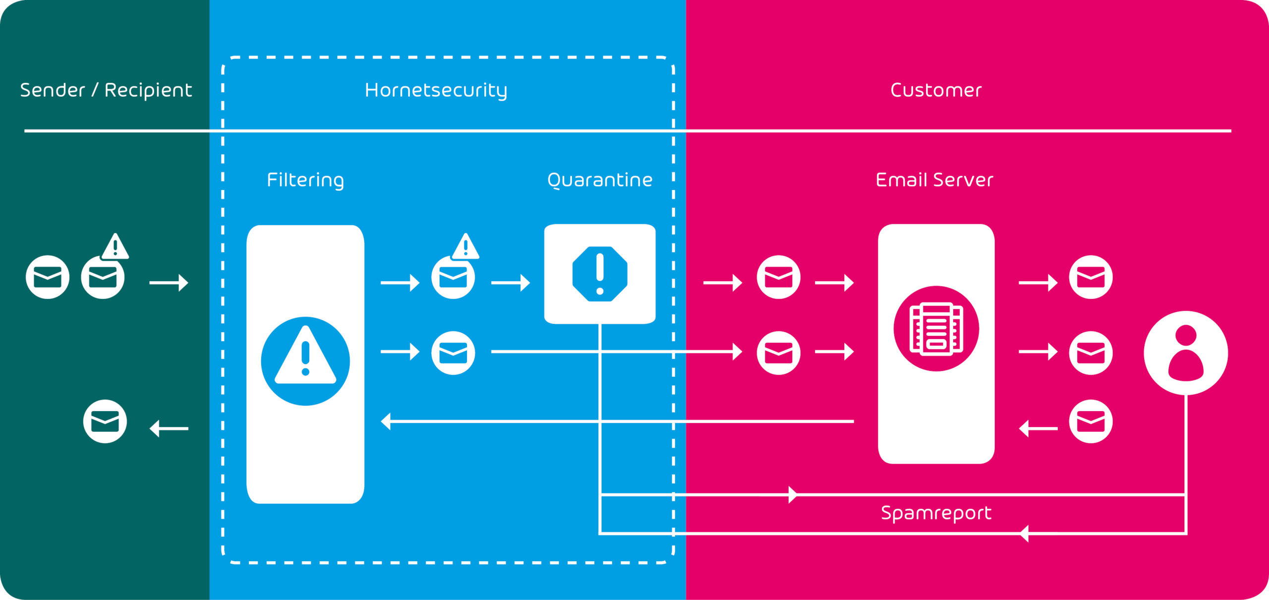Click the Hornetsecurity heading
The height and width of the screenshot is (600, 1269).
point(436,90)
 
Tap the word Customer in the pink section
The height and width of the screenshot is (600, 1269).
point(936,90)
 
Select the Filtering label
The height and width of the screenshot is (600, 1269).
point(305,180)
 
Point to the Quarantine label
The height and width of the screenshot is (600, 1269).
point(600,180)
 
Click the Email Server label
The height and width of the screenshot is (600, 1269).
point(934,180)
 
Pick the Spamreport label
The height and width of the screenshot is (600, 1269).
point(936,513)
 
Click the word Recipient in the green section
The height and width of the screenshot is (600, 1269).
point(148,90)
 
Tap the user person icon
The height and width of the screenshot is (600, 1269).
point(1186,353)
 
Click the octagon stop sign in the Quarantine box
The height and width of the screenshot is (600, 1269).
point(600,274)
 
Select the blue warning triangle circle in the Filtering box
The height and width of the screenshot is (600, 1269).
point(305,361)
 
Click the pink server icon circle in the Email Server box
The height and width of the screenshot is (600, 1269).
point(936,328)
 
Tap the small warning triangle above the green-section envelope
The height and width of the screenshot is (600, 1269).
point(115,246)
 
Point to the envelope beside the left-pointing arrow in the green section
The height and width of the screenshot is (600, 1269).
point(105,421)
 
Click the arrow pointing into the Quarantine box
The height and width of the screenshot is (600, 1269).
point(511,283)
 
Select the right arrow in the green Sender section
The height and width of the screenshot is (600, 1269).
point(169,283)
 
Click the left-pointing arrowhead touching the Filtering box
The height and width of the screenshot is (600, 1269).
point(386,421)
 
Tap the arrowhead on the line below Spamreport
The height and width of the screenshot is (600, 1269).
point(1024,534)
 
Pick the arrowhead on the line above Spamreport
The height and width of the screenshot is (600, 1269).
point(793,494)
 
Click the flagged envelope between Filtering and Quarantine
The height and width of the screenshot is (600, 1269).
point(453,277)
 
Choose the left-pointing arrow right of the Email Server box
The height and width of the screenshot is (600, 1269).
point(1038,428)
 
